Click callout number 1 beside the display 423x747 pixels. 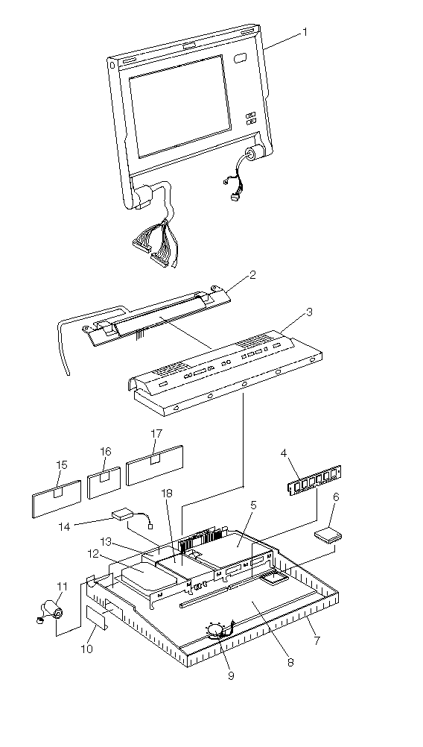pyautogui.click(x=305, y=32)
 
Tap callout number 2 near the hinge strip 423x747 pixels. pyautogui.click(x=252, y=275)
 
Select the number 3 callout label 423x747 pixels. pyautogui.click(x=309, y=312)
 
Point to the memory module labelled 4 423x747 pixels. pyautogui.click(x=315, y=480)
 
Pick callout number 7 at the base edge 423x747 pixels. pyautogui.click(x=317, y=640)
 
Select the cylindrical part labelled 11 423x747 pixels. pyautogui.click(x=51, y=611)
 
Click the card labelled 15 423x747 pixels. pyautogui.click(x=57, y=498)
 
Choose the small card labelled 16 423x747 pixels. pyautogui.click(x=104, y=483)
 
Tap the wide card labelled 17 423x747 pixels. pyautogui.click(x=155, y=465)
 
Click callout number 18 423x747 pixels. pyautogui.click(x=167, y=493)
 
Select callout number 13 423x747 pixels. pyautogui.click(x=106, y=542)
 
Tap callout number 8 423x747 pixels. pyautogui.click(x=290, y=662)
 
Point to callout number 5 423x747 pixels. pyautogui.click(x=253, y=505)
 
